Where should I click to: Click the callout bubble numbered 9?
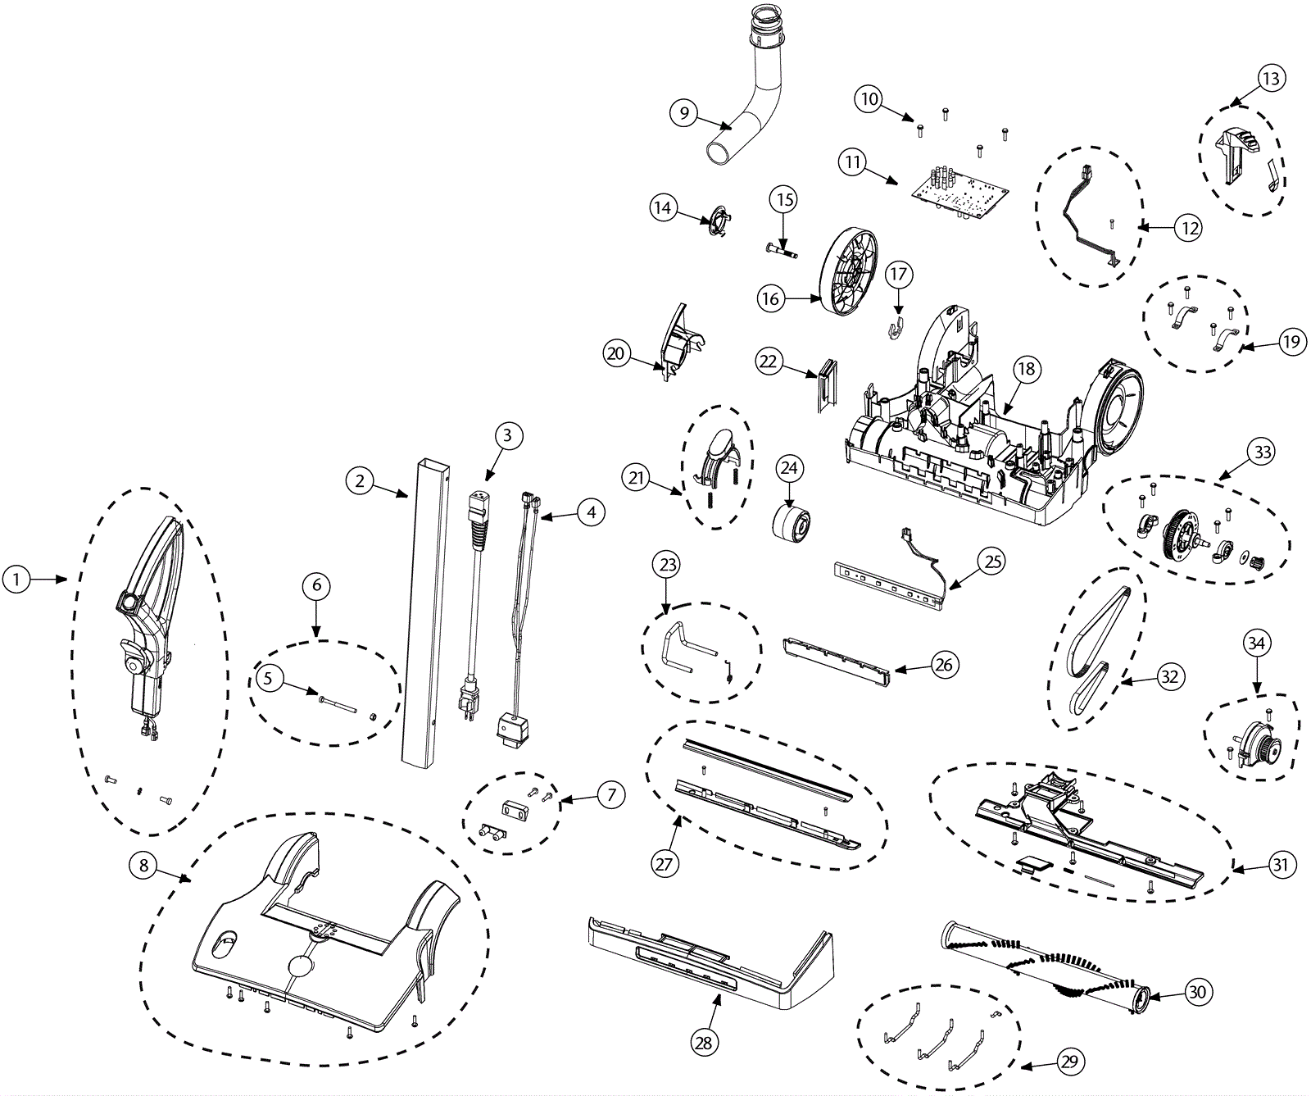[x=684, y=112]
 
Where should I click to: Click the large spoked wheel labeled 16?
[x=849, y=269]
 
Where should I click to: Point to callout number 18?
[x=1027, y=369]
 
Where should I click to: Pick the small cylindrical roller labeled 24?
[x=793, y=522]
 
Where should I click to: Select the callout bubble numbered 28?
[x=703, y=1042]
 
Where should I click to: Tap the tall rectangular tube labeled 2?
[x=427, y=611]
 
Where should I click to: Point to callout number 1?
[x=16, y=580]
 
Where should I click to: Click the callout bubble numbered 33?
[x=1262, y=452]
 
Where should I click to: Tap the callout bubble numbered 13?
[x=1271, y=79]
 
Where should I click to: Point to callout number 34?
[x=1256, y=644]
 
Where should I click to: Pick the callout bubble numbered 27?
[x=664, y=863]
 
